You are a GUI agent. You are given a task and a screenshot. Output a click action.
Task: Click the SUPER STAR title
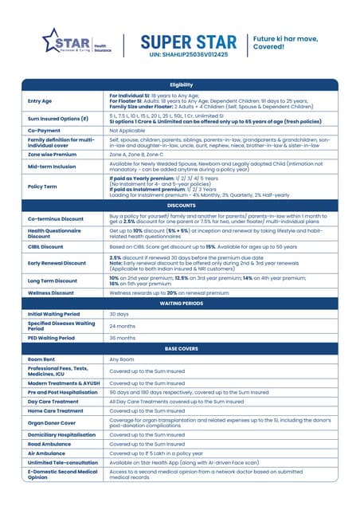tap(188, 41)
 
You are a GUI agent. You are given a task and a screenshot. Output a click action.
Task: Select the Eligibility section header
tap(180, 84)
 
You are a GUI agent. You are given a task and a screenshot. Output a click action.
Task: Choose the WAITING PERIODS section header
tap(180, 304)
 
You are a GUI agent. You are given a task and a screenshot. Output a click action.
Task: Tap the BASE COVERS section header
tap(180, 348)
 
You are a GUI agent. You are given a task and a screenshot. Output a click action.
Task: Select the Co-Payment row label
tap(45, 130)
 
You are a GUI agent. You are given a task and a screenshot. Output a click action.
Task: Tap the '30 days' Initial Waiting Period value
tap(119, 314)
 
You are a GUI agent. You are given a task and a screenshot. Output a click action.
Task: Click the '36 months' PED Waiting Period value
tap(122, 337)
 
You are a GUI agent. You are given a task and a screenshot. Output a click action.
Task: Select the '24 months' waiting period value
tap(122, 325)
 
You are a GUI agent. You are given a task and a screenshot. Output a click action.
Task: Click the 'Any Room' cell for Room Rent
tap(122, 359)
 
